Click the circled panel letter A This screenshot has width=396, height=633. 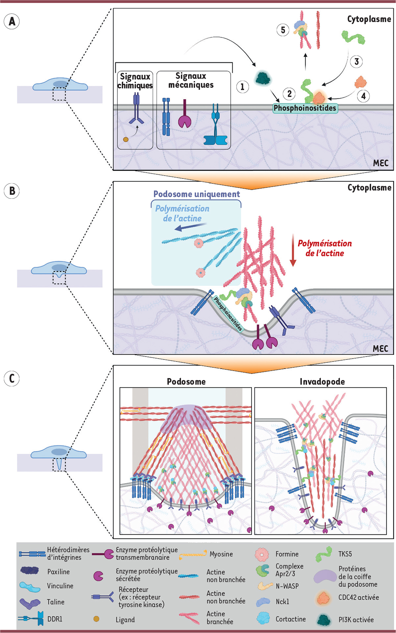pos(12,21)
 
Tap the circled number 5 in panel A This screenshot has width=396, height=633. pos(283,30)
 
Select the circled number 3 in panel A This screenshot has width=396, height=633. pos(356,62)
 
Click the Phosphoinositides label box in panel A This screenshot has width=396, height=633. pos(305,108)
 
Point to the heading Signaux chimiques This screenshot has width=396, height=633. pos(135,81)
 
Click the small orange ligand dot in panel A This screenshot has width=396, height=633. pos(126,139)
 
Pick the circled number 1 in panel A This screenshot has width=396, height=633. pos(243,87)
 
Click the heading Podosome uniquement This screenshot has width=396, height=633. pos(197,194)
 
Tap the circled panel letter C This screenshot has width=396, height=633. pos(12,378)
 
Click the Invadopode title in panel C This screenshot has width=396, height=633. pos(322,382)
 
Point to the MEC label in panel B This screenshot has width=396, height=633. pos(380,349)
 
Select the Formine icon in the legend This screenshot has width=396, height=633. pos(262,554)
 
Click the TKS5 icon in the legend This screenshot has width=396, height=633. pos(323,554)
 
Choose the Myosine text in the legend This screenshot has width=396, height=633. pos(221,554)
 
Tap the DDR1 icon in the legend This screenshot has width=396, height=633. pos(31,618)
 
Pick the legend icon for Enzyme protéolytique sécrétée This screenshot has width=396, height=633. pos(98,576)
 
